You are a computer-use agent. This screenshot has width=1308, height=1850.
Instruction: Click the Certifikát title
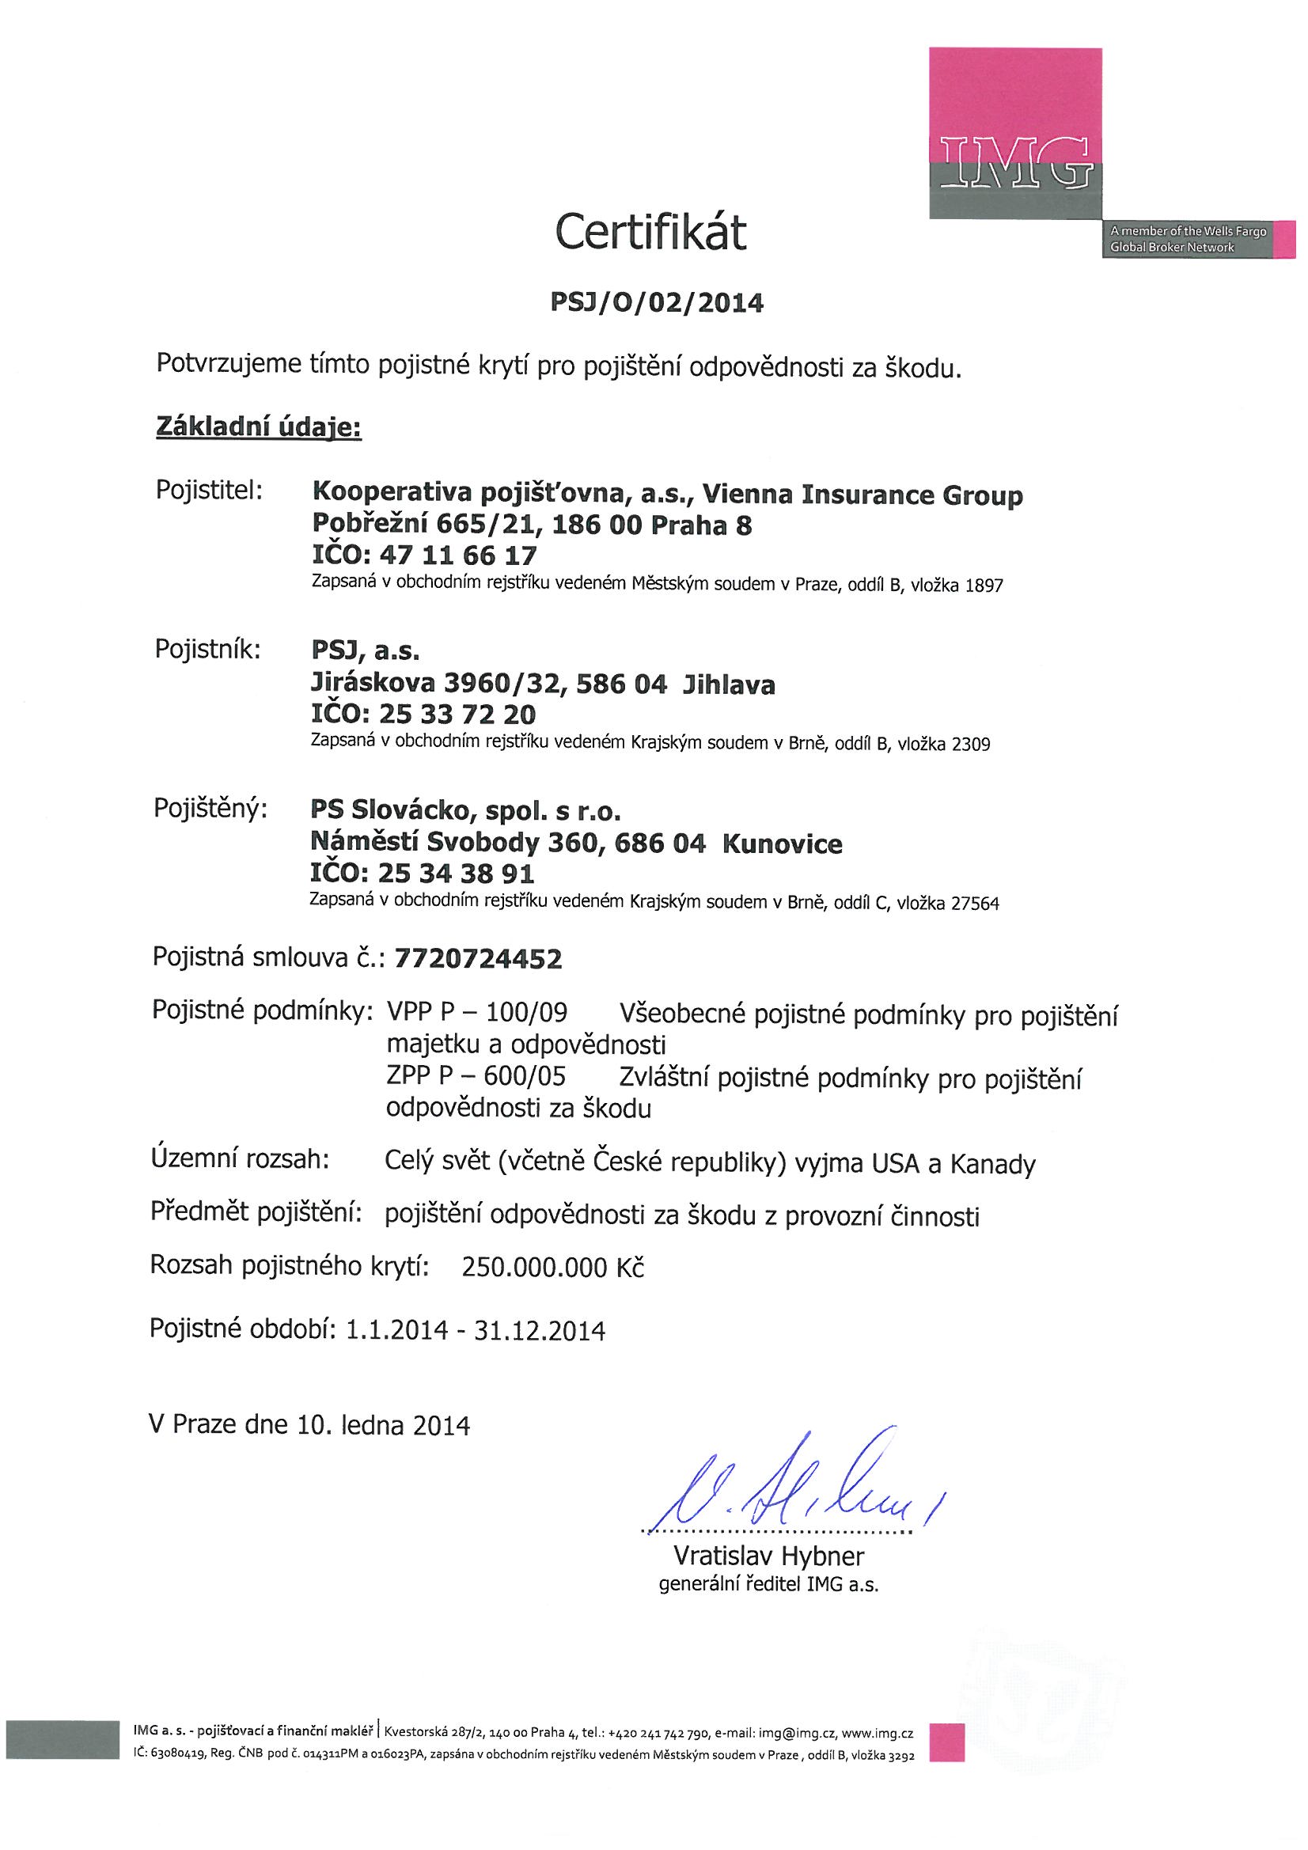tap(650, 233)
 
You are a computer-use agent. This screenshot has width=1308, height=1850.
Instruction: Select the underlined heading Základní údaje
tap(258, 427)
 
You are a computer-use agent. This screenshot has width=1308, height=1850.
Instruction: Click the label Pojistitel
tap(210, 491)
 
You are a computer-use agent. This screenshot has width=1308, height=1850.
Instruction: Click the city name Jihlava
tap(729, 685)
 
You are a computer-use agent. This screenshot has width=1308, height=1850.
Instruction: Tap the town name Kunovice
tap(783, 843)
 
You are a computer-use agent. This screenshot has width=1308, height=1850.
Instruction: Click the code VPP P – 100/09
tap(477, 1012)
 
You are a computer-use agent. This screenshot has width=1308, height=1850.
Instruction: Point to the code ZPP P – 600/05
tap(476, 1076)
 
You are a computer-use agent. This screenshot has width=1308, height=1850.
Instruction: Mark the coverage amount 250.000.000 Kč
tap(553, 1268)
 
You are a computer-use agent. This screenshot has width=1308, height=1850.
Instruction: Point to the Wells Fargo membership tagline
tap(1186, 239)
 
